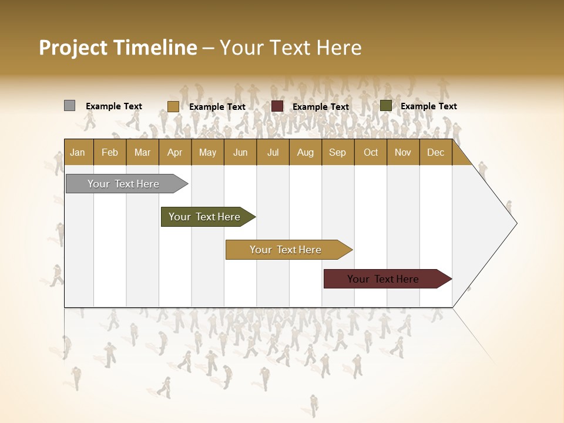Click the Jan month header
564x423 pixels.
(78, 152)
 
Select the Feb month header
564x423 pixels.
(110, 152)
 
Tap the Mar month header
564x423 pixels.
(142, 152)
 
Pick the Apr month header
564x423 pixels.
(174, 152)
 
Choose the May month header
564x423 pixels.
(207, 152)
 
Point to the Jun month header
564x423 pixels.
(240, 152)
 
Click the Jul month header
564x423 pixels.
(273, 152)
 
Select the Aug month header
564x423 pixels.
(305, 152)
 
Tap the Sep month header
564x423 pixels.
(337, 152)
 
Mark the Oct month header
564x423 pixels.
(371, 152)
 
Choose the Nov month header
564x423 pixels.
(403, 152)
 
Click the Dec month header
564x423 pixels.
(435, 152)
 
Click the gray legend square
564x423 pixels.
(69, 106)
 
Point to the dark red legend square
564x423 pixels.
(277, 106)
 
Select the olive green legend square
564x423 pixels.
(385, 106)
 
